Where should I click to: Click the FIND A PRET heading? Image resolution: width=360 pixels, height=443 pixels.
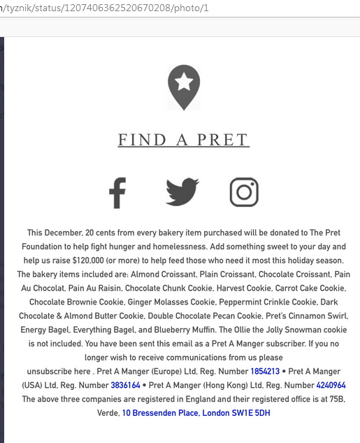[183, 140]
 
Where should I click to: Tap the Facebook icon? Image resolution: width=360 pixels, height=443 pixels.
[117, 192]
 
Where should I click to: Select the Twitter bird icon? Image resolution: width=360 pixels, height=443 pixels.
[182, 192]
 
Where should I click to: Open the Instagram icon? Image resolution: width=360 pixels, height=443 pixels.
[244, 192]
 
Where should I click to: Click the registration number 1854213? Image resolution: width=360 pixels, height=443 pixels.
[265, 371]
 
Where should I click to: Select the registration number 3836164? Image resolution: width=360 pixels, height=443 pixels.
[125, 385]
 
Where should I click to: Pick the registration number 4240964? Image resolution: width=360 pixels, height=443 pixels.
[331, 385]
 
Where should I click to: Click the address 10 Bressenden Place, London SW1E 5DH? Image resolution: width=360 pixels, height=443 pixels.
[196, 413]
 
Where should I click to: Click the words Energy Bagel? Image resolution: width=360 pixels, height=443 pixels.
[45, 330]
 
